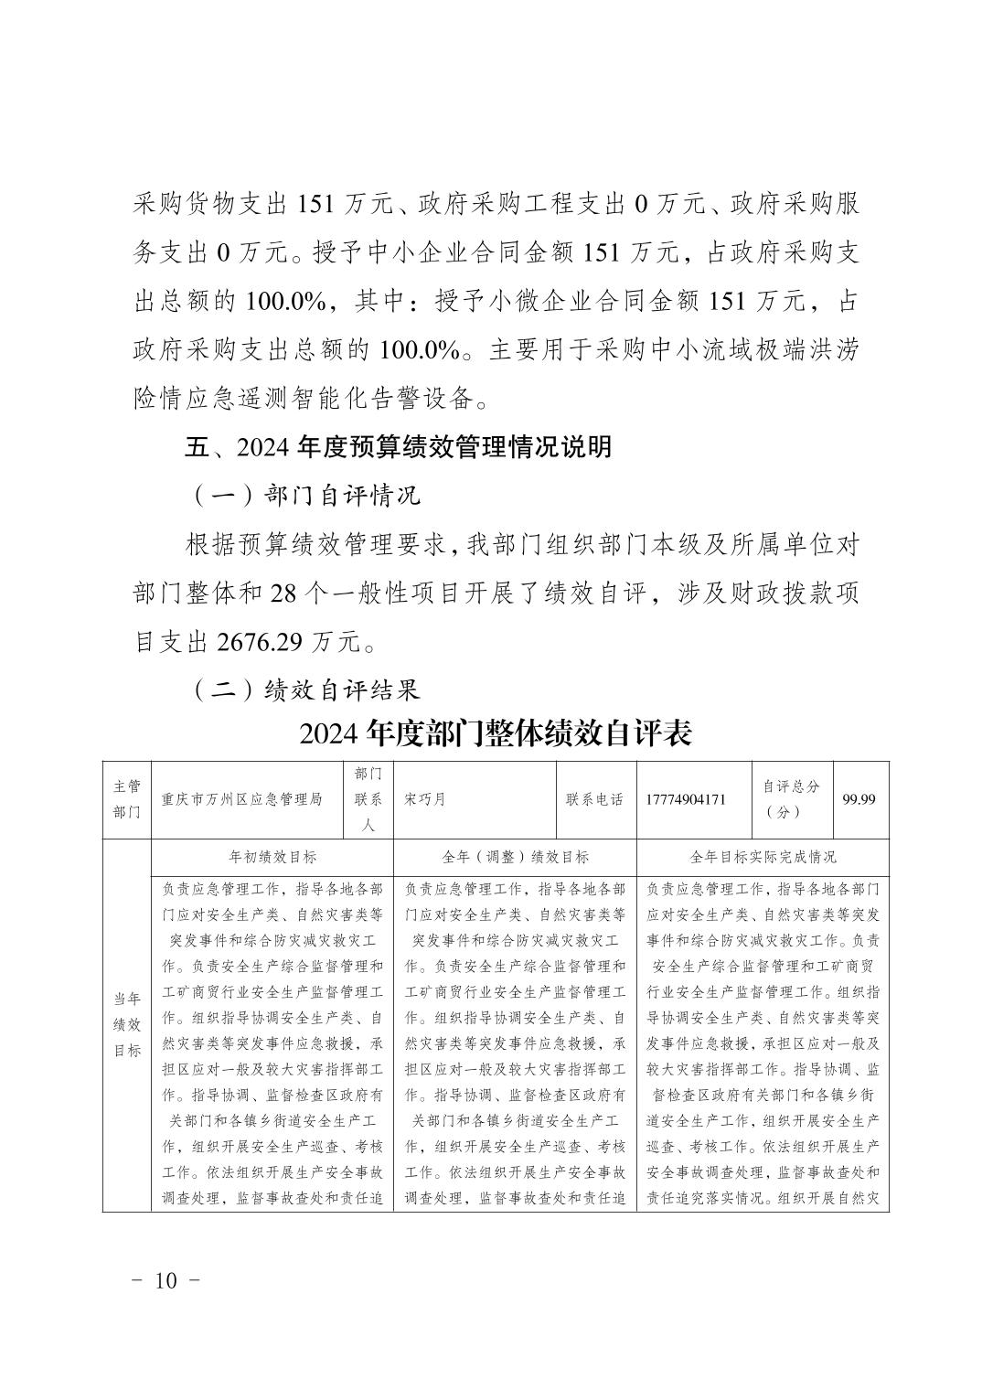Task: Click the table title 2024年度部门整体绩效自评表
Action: pos(495,733)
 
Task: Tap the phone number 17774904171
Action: pos(686,799)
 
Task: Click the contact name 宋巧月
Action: pos(424,799)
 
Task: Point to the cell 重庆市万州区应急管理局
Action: pos(241,799)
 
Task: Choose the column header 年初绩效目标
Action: pos(272,857)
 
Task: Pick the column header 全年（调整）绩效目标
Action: pos(515,857)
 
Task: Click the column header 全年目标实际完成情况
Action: pos(763,857)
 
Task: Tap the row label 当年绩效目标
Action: pos(127,1024)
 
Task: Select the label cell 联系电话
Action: pos(595,799)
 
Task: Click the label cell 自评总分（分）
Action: pos(791,799)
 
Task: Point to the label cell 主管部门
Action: pos(127,799)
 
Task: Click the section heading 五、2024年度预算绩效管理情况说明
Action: pos(398,447)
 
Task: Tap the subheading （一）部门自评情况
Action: pos(306,496)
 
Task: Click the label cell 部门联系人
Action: pos(368,799)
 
